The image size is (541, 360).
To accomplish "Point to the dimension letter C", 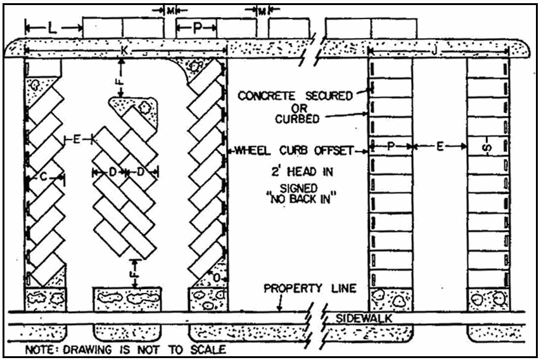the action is (x=43, y=179).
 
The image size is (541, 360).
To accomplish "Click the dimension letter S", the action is (x=488, y=150).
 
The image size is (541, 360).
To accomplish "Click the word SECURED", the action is (x=329, y=96).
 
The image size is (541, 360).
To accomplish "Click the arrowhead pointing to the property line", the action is (x=279, y=309).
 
